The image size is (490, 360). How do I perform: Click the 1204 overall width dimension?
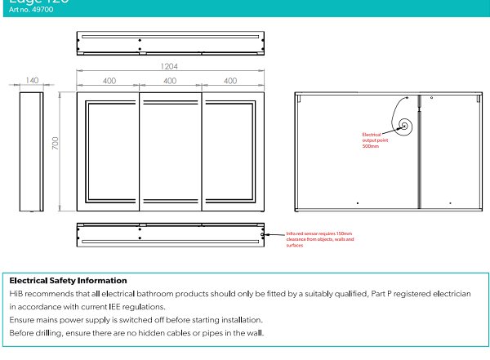click(170, 67)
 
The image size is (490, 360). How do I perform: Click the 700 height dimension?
click(56, 144)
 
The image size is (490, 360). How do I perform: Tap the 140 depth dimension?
click(32, 81)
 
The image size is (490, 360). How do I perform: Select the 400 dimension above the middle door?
click(170, 81)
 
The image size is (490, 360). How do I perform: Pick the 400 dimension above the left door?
click(109, 81)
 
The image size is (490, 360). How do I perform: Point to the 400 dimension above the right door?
click(230, 81)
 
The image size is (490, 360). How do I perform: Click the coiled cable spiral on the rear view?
click(404, 126)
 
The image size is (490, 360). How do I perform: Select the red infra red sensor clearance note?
click(320, 239)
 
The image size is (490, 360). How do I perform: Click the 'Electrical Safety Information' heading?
click(68, 280)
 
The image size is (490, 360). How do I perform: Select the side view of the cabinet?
click(32, 152)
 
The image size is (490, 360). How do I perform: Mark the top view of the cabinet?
click(170, 42)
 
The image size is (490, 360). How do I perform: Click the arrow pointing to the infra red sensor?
click(273, 234)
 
